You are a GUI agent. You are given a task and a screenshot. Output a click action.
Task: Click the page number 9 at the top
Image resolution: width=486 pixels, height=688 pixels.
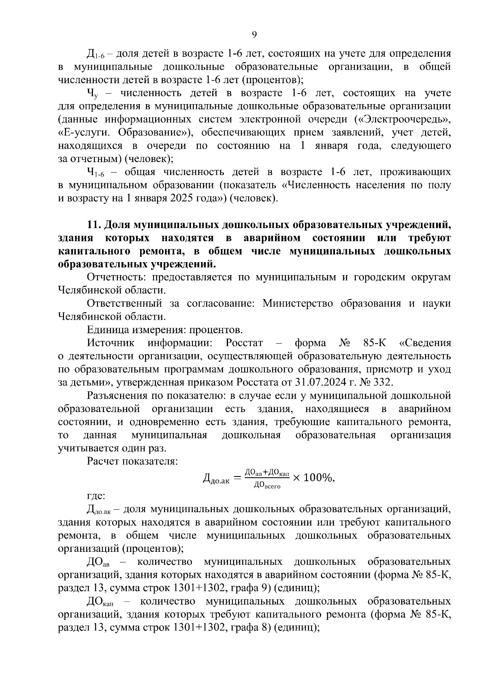tap(254, 35)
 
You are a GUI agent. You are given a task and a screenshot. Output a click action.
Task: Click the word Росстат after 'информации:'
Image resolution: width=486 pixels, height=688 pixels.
tap(244, 343)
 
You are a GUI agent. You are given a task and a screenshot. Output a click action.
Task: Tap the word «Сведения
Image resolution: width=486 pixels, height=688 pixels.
tap(425, 343)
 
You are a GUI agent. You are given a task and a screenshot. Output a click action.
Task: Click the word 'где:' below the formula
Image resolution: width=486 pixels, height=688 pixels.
tap(96, 495)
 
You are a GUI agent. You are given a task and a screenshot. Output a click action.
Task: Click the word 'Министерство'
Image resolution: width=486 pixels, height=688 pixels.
tap(297, 303)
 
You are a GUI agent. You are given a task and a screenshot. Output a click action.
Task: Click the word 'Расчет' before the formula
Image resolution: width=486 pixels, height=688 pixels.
tap(103, 461)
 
